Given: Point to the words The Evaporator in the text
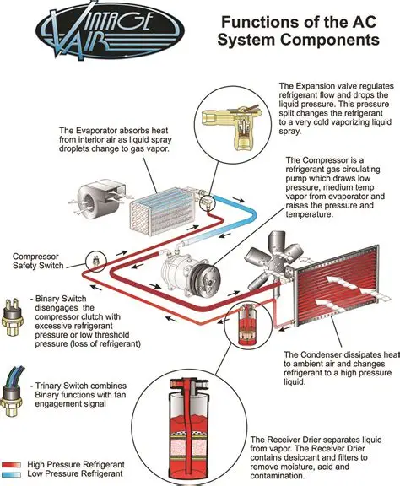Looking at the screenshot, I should point(93,132).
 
